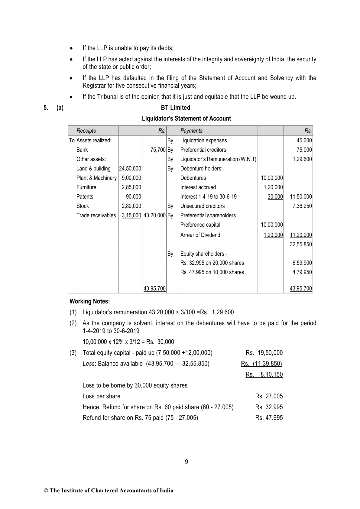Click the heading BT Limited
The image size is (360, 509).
coord(176,108)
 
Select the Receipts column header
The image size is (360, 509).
coord(86,131)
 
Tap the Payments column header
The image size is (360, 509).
coord(191,131)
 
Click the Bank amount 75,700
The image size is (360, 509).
coord(158,150)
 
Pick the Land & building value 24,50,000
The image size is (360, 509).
coord(130,168)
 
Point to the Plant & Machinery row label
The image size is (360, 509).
coord(96,178)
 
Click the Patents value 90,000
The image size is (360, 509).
coord(134,196)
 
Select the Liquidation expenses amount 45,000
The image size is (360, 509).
coord(304,140)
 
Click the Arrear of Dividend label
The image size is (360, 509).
coord(200,235)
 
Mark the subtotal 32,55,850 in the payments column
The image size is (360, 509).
coord(301,244)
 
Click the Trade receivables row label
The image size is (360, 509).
coord(96,215)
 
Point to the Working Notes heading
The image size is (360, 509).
coord(90,301)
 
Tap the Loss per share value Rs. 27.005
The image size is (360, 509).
coord(269,396)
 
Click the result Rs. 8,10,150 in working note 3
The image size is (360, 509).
coord(264,374)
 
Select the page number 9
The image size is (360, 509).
coord(186,462)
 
